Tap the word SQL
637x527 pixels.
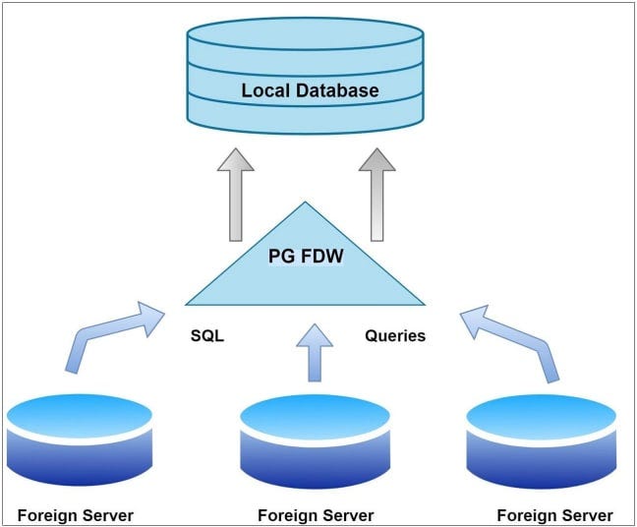pos(207,335)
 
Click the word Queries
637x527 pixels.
pos(395,335)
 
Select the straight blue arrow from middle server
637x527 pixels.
pos(316,352)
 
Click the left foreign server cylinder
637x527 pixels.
pos(80,442)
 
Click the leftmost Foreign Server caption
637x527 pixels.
pos(76,515)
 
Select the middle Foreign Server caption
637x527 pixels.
pos(315,515)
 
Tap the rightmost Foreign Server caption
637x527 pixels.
pos(554,515)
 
